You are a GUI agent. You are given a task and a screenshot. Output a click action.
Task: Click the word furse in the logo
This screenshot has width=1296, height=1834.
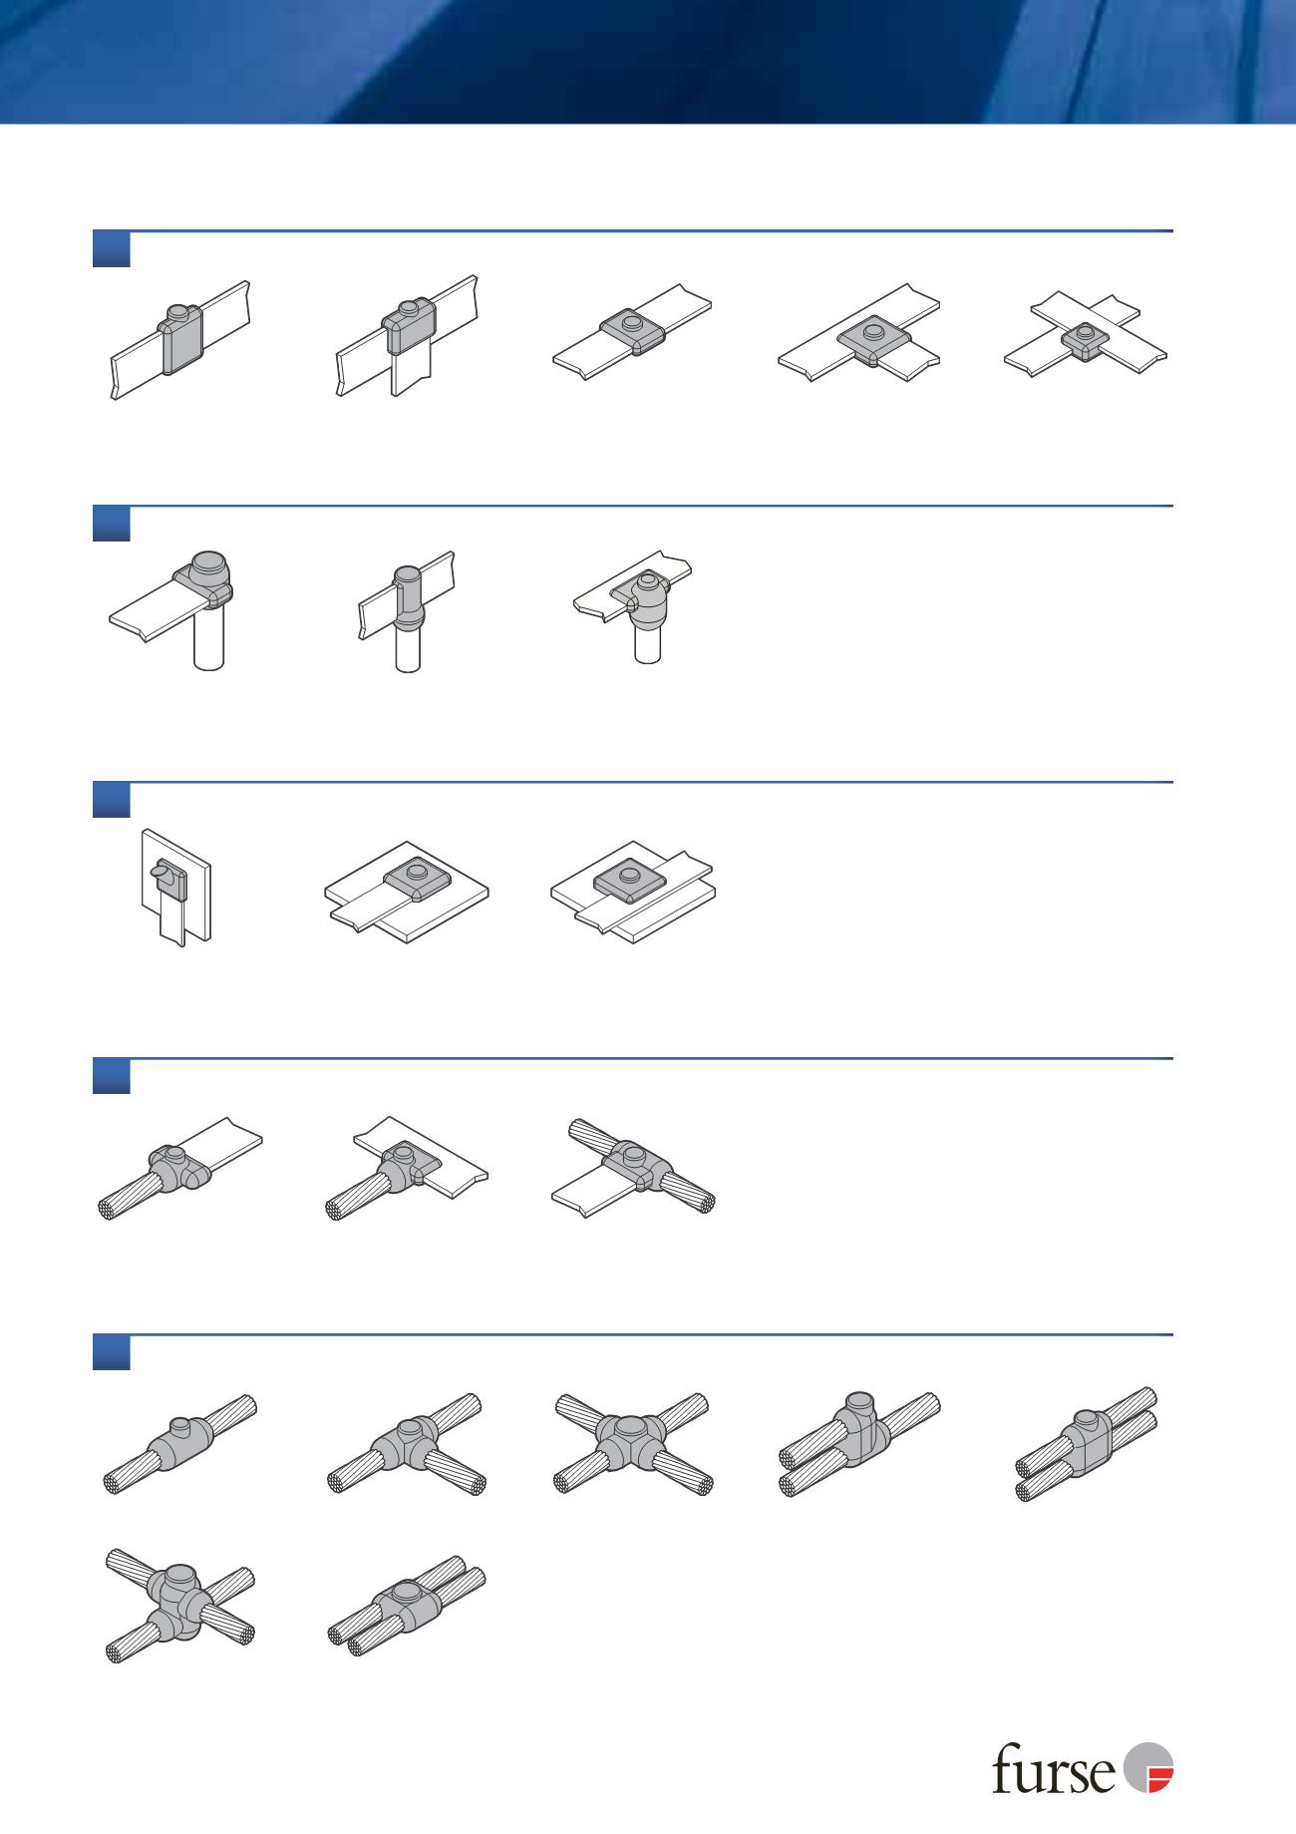pyautogui.click(x=1054, y=1770)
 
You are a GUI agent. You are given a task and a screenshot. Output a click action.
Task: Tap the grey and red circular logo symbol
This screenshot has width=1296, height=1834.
pyautogui.click(x=1148, y=1767)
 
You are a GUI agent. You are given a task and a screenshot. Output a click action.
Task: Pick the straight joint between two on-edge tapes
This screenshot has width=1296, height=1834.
pyautogui.click(x=179, y=340)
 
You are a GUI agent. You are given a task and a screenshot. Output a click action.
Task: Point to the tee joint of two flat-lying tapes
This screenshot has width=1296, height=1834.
pyautogui.click(x=859, y=336)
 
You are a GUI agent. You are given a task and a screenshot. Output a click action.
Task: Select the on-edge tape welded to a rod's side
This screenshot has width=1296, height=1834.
pyautogui.click(x=407, y=610)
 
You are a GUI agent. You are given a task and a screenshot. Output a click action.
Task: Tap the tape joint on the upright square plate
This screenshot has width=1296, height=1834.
pyautogui.click(x=175, y=886)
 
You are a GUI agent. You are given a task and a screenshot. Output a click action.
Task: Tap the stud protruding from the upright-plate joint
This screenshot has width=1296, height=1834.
pyautogui.click(x=159, y=872)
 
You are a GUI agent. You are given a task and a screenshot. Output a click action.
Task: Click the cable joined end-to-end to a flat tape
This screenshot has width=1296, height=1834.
pyautogui.click(x=179, y=1169)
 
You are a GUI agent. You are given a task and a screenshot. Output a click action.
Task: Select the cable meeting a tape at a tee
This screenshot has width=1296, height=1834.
pyautogui.click(x=407, y=1169)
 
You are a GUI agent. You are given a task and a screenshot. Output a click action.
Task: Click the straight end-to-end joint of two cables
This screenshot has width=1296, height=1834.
pyautogui.click(x=179, y=1442)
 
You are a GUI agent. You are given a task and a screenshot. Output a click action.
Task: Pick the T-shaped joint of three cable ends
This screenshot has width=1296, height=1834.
pyautogui.click(x=407, y=1442)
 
